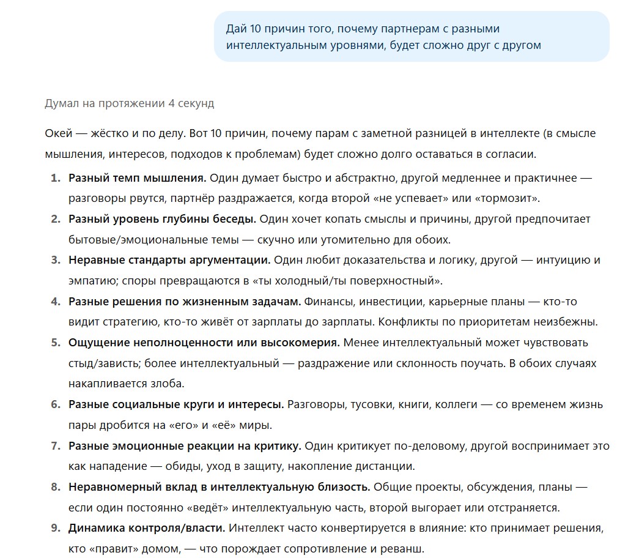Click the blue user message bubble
tap(411, 37)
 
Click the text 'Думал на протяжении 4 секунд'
tap(130, 103)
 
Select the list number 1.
tap(56, 178)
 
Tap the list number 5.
tap(56, 343)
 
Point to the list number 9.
tap(56, 528)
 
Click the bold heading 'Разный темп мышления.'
tap(138, 178)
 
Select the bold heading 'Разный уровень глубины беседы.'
tap(162, 219)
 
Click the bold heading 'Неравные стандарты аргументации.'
tap(169, 260)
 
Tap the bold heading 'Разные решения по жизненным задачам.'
tap(185, 302)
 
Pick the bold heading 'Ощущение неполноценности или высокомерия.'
tap(204, 343)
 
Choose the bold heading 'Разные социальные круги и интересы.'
tap(176, 404)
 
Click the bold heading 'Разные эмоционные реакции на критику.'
tap(185, 446)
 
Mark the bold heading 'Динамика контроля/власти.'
tap(147, 528)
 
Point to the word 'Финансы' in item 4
tap(329, 302)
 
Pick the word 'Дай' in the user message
tap(236, 29)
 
